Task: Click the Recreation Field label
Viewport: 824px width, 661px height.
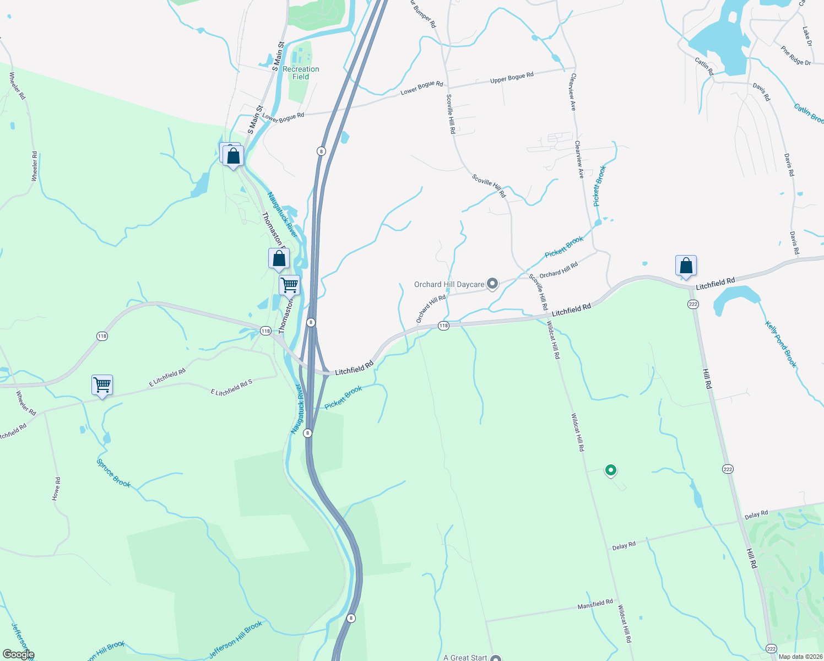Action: pyautogui.click(x=301, y=73)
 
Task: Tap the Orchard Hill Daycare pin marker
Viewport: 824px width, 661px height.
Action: pyautogui.click(x=492, y=284)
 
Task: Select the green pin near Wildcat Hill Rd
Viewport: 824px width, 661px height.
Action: pyautogui.click(x=610, y=470)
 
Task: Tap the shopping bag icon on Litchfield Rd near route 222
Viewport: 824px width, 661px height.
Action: pyautogui.click(x=686, y=266)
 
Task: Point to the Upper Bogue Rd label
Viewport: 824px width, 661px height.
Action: pyautogui.click(x=512, y=78)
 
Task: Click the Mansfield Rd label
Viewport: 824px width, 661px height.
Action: pyautogui.click(x=595, y=604)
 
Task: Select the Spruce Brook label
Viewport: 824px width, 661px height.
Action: pyautogui.click(x=114, y=473)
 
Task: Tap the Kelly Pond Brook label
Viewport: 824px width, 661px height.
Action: pyautogui.click(x=781, y=344)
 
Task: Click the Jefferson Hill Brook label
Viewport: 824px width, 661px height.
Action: pyautogui.click(x=235, y=640)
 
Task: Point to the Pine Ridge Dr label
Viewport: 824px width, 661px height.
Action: pyautogui.click(x=796, y=55)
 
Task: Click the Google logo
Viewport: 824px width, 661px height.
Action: pyautogui.click(x=19, y=654)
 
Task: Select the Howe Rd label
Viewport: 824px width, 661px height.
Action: pyautogui.click(x=56, y=489)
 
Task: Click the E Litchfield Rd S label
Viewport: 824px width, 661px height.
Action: pyautogui.click(x=231, y=388)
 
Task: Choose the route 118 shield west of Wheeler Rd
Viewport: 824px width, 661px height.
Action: pyautogui.click(x=102, y=336)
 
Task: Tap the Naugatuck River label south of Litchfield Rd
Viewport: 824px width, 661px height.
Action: pyautogui.click(x=297, y=409)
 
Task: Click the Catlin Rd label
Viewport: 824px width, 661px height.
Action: pyautogui.click(x=704, y=66)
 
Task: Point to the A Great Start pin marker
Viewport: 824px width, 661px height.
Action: pyautogui.click(x=496, y=658)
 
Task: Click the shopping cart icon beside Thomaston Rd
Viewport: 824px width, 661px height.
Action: pyautogui.click(x=289, y=285)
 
